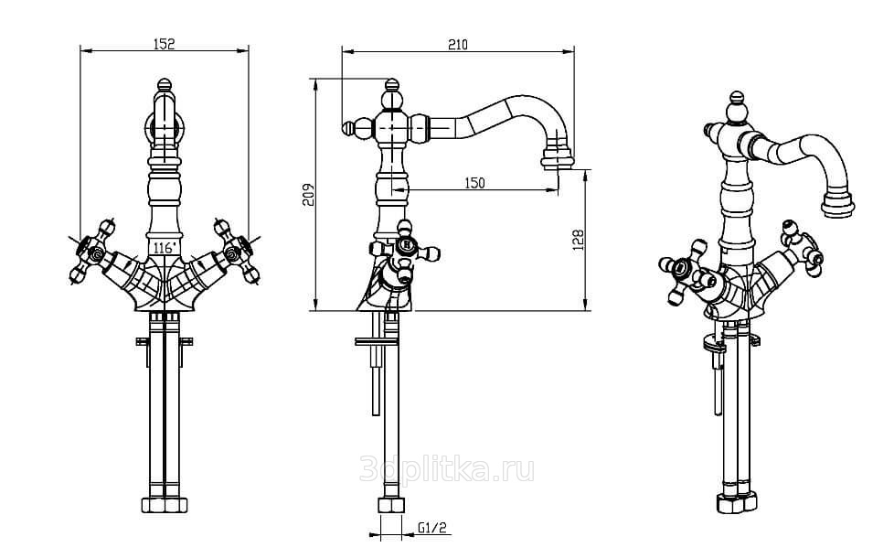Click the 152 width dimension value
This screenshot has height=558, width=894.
(165, 43)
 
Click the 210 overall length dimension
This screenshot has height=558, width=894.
(457, 44)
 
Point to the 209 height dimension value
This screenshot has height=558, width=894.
(308, 195)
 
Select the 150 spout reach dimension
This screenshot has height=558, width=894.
(474, 183)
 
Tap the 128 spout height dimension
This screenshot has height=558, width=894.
(578, 240)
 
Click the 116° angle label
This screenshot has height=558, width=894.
(165, 248)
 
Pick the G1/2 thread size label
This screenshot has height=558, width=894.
(432, 528)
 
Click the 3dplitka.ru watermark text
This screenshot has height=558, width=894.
(447, 469)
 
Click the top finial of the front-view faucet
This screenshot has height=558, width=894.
(165, 86)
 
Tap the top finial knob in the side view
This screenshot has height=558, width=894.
(391, 86)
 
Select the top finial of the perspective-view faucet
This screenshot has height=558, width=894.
(737, 99)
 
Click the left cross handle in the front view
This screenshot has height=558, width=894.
(94, 251)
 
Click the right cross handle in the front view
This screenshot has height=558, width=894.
(236, 251)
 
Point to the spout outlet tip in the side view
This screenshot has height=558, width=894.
(557, 158)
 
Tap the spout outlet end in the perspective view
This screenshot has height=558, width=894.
(837, 204)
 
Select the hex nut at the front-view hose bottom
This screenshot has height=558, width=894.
(165, 505)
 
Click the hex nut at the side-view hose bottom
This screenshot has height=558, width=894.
(391, 505)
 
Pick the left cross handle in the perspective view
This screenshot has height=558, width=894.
(687, 272)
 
